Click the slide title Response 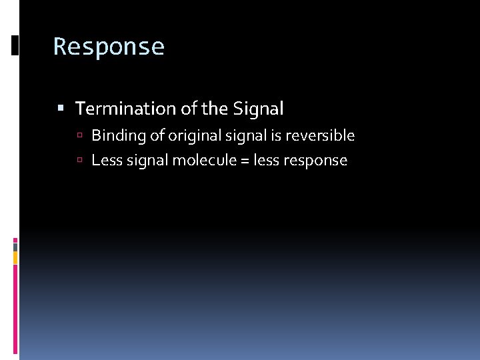click(x=109, y=47)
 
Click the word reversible click(x=320, y=136)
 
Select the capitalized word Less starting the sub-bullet click(x=105, y=161)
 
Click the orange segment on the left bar click(x=15, y=257)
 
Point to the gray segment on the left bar click(x=15, y=246)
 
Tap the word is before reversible click(x=277, y=136)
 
